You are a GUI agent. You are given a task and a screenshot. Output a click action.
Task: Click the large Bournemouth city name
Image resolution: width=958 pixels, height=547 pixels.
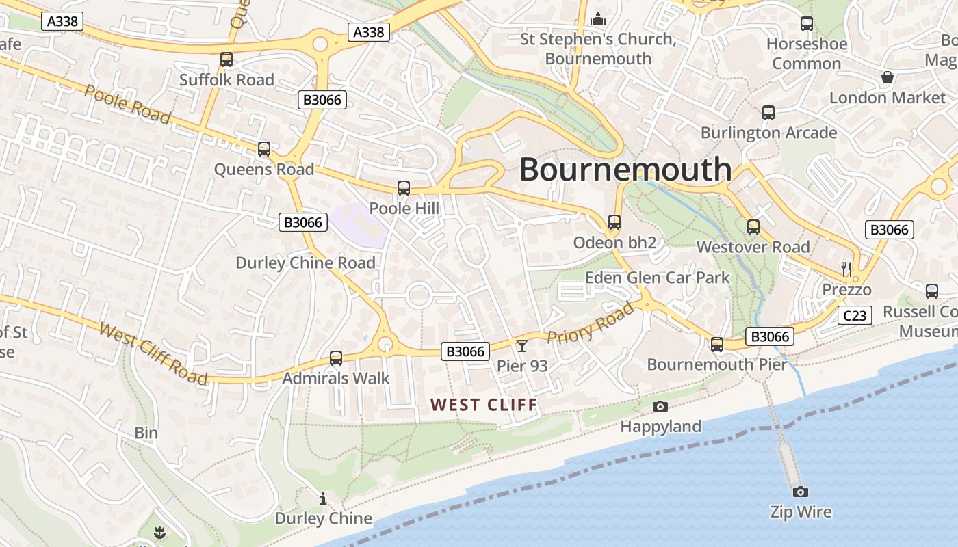click(x=625, y=169)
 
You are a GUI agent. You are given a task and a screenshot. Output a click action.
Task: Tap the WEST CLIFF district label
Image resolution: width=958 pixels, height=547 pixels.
click(x=484, y=405)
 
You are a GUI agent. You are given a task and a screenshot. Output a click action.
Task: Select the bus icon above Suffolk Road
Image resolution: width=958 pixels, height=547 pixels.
click(x=226, y=59)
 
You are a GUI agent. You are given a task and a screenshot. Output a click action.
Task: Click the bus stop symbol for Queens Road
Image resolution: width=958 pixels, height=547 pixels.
click(x=264, y=148)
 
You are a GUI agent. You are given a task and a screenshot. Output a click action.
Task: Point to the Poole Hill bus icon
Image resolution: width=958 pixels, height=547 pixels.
click(x=404, y=187)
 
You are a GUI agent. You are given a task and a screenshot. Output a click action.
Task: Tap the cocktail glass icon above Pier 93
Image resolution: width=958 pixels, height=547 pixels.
click(x=522, y=346)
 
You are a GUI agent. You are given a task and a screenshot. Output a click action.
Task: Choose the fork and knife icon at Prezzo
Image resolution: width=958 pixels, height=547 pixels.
click(x=847, y=269)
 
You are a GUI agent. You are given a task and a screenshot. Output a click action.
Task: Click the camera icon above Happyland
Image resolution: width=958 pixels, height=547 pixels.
click(x=660, y=407)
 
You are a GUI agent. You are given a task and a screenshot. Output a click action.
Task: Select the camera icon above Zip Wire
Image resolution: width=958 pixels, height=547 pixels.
click(x=801, y=492)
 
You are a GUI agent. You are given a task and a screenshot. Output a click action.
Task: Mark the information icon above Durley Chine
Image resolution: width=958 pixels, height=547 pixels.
click(x=323, y=498)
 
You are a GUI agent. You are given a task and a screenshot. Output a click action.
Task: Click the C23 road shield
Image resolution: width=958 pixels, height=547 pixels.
click(x=855, y=315)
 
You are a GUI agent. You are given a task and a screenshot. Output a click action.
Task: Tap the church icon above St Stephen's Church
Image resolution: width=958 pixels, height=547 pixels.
click(x=598, y=19)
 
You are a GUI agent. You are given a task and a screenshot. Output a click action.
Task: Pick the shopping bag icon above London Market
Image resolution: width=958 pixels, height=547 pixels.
click(x=888, y=77)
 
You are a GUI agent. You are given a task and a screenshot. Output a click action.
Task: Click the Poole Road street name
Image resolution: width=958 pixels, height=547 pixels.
click(x=127, y=104)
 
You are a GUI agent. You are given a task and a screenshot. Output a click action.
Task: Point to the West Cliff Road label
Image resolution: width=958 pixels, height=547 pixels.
click(x=153, y=353)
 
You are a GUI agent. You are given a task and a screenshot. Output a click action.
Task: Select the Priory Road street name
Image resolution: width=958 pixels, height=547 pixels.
click(x=591, y=323)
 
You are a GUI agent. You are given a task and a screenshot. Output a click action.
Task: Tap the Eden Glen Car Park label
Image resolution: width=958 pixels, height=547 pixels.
click(x=657, y=278)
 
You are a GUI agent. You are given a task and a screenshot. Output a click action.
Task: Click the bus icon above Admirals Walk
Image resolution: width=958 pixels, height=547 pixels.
click(x=336, y=358)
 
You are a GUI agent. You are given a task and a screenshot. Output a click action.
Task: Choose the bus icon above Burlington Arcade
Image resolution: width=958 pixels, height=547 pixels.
click(x=768, y=113)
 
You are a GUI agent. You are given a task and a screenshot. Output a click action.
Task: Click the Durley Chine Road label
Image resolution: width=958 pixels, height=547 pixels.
click(x=305, y=263)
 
